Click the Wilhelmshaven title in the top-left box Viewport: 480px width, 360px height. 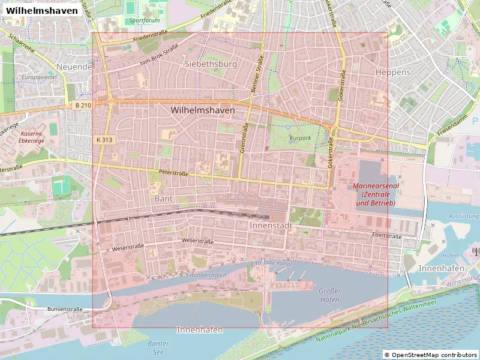coord(41,10)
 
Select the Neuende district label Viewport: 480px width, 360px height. coord(74,67)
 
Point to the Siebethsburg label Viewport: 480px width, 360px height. coord(211,64)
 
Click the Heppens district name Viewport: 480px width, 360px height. coord(392,72)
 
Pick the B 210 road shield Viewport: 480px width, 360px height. coord(83,105)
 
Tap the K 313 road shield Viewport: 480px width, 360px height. coord(104,139)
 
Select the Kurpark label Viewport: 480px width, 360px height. coord(300,137)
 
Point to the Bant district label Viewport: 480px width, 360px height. coord(163,198)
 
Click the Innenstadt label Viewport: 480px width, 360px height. coord(270,225)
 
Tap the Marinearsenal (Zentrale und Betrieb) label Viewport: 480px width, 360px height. coord(375,195)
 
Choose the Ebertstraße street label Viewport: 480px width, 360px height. coord(386,236)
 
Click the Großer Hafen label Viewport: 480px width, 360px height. coord(329,295)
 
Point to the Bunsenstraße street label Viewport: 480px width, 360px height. coord(65,309)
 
